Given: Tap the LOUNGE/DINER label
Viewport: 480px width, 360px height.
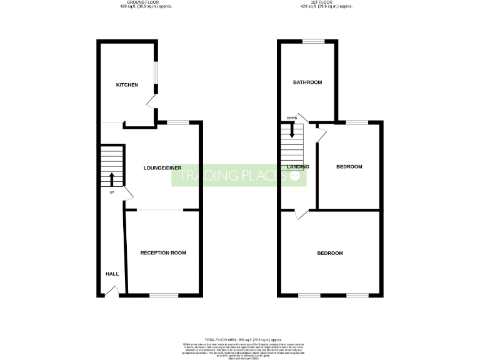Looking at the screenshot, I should pos(162,168).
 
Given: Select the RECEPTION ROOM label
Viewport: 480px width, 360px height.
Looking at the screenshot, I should pos(163,252).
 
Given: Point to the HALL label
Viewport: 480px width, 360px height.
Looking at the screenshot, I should pos(112,274).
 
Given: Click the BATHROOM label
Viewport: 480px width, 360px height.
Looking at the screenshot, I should pos(308,82).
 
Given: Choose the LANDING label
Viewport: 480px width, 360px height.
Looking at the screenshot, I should pos(298,167).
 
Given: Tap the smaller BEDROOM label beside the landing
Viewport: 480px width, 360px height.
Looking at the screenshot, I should pos(349,167).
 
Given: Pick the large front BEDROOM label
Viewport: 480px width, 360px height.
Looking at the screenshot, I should pos(329,253).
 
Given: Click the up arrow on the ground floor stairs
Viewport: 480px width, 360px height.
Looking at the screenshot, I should pos(112,179).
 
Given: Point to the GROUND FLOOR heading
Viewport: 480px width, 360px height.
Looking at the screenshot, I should pos(145,3).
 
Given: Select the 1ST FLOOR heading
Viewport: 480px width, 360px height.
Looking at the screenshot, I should pos(326,3).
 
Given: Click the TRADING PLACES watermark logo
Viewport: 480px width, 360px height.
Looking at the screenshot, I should pos(239,177).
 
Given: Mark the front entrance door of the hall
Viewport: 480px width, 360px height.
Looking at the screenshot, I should pos(111,291).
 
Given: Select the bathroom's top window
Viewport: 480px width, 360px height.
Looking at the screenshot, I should pos(314,41).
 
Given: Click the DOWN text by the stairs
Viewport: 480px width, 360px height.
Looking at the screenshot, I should pos(291,118).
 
